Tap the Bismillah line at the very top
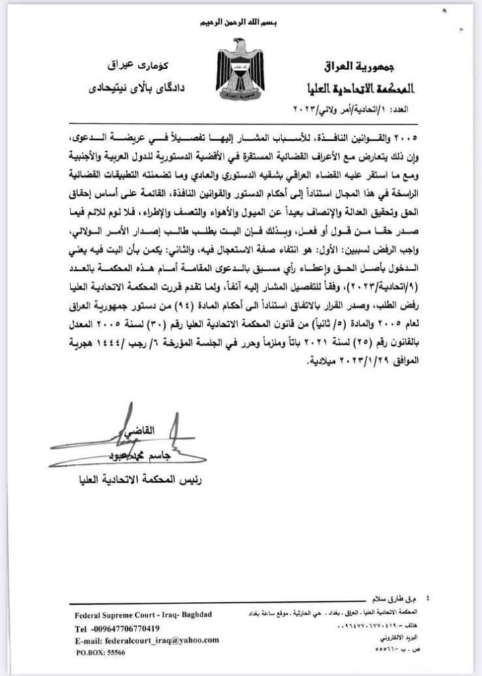pos(241,23)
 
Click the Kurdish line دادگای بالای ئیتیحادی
pos(129,86)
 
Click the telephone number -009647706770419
pos(117,628)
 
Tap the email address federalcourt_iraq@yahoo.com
pos(146,640)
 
